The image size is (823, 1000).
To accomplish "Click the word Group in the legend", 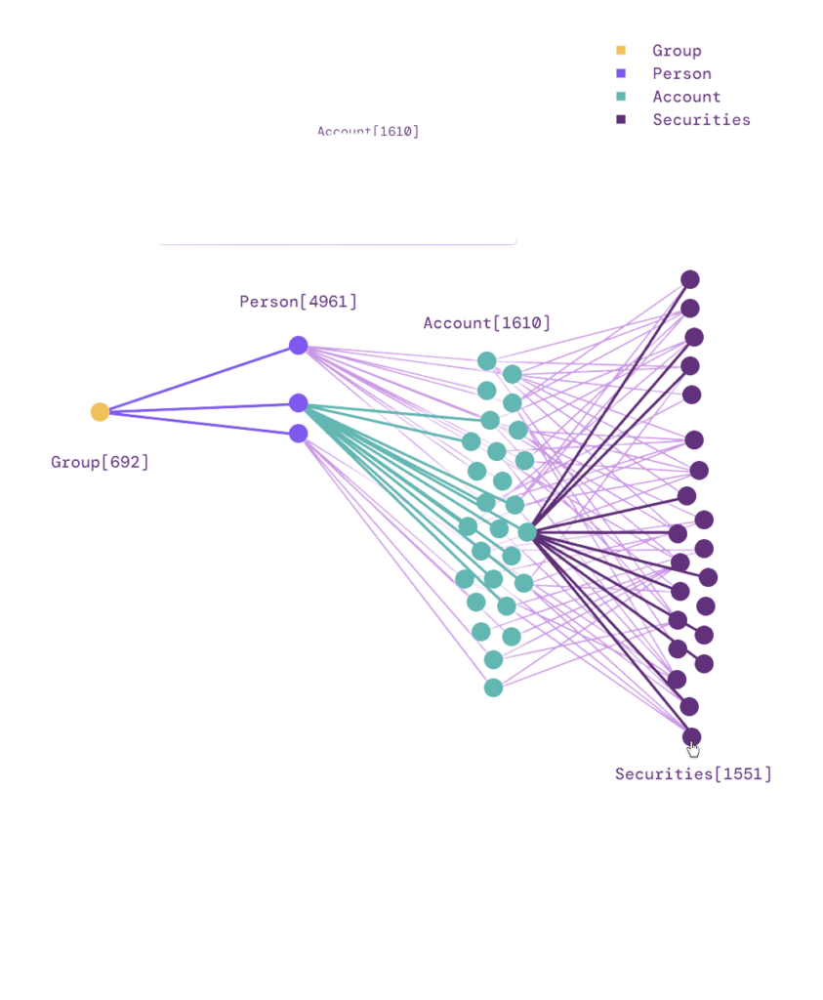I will tap(677, 51).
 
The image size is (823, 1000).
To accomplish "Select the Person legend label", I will tap(681, 74).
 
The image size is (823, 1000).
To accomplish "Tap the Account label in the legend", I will tap(686, 98).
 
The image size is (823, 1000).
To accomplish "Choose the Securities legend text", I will tap(701, 121).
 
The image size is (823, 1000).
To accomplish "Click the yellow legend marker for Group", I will tap(621, 50).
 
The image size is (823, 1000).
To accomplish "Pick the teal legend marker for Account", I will tap(621, 97).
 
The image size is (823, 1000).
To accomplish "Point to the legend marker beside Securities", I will tap(621, 120).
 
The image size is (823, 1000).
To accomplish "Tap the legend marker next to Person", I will tap(621, 73).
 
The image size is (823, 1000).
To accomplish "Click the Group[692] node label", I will tap(100, 462).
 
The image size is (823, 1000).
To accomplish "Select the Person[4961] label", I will tap(298, 302).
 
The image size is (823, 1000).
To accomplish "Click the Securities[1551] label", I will tap(692, 774).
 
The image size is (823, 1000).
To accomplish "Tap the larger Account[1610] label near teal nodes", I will tap(486, 323).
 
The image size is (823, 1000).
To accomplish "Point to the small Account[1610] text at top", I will tap(368, 132).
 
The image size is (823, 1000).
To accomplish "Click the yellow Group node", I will tap(100, 412).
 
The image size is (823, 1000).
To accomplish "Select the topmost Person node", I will tap(299, 346).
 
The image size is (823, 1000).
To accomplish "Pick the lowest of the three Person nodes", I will tap(299, 434).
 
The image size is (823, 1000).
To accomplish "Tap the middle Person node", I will tap(299, 403).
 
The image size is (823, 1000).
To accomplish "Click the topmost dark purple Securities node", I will tap(690, 279).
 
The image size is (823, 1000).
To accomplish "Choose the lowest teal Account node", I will tap(493, 687).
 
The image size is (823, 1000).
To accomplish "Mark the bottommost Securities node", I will tap(691, 735).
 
